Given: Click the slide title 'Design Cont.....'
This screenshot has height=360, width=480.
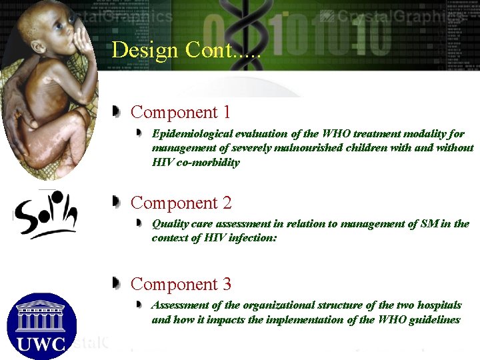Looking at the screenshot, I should [187, 50].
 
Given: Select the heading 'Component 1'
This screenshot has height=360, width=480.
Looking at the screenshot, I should [181, 112].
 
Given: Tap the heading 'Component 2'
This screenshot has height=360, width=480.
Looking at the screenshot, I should [181, 203].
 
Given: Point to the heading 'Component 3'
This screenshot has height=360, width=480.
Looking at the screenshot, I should [181, 285].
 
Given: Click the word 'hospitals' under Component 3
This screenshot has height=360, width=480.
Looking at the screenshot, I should [439, 305].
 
